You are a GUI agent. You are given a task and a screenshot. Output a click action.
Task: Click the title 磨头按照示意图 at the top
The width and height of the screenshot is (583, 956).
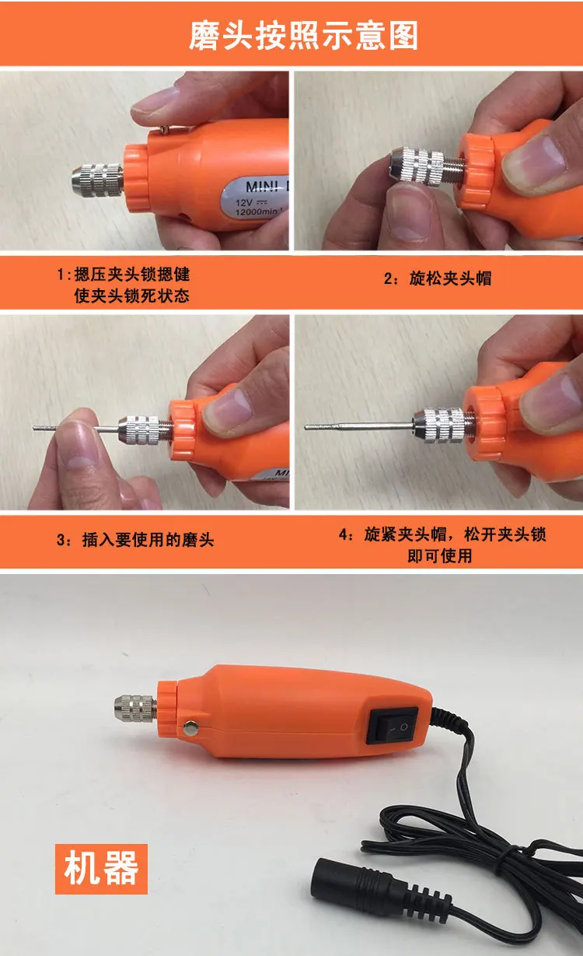(303, 36)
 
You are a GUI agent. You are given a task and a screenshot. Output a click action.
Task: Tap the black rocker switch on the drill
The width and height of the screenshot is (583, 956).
(392, 726)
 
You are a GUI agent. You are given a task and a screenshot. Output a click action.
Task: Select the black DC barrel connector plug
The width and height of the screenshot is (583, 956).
(358, 882)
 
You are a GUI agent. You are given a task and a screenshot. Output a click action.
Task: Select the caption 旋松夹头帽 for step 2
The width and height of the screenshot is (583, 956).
(450, 278)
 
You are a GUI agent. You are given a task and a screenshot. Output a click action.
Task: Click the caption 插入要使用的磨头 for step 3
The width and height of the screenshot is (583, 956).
(148, 540)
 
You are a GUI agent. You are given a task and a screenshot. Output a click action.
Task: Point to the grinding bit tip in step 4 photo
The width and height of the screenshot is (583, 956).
(305, 427)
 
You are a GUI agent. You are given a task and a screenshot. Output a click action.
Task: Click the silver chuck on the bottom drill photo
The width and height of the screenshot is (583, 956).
(135, 709)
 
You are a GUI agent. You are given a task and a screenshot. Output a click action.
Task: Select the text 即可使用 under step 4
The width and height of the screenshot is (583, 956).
(440, 555)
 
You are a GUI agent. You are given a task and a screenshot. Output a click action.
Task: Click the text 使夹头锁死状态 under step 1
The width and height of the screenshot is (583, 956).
(132, 296)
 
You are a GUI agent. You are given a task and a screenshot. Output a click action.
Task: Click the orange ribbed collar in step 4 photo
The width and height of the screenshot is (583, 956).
(484, 422)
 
